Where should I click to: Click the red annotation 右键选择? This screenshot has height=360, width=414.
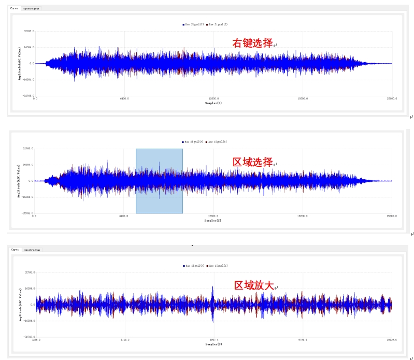click(252, 44)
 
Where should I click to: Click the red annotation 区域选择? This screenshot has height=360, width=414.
click(252, 162)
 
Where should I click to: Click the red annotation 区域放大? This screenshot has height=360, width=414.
click(254, 285)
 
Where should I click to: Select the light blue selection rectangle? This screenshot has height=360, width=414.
click(159, 181)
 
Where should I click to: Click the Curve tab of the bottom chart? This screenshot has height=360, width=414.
click(15, 250)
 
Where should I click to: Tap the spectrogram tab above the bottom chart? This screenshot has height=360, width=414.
click(32, 250)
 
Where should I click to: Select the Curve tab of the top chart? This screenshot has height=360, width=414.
click(14, 9)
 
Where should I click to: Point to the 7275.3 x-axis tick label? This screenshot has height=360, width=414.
click(36, 340)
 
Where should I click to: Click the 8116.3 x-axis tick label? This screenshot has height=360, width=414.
click(124, 340)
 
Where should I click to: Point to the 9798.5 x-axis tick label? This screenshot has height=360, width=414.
click(302, 340)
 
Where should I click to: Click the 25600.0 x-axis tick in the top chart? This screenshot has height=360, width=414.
click(391, 98)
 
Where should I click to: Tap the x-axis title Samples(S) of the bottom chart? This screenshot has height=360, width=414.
click(213, 344)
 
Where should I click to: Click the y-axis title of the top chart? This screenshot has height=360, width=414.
click(20, 64)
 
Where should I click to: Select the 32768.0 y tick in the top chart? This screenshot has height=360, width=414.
click(28, 31)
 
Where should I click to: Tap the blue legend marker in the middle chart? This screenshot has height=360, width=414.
click(183, 142)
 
